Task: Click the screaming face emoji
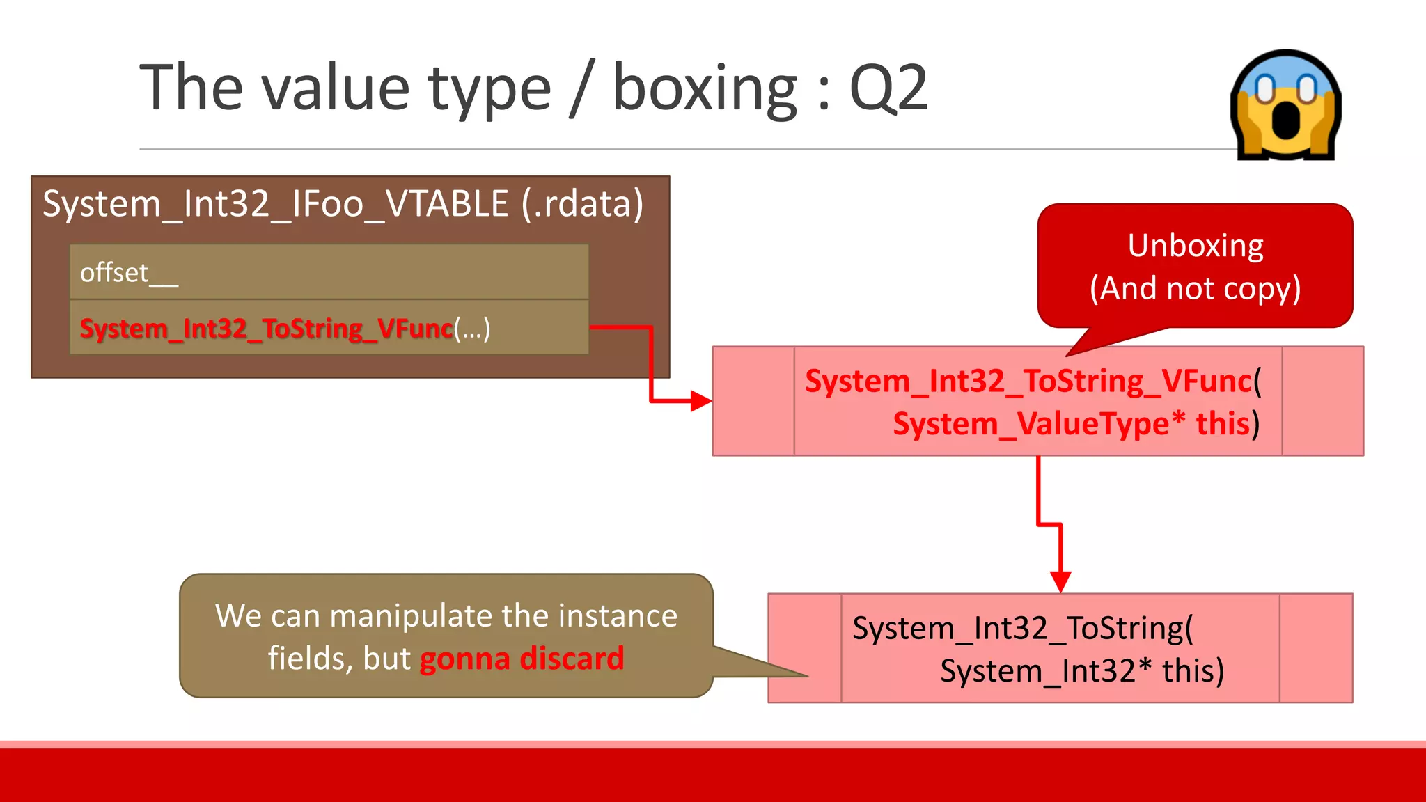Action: pyautogui.click(x=1285, y=104)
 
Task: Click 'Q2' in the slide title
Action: pyautogui.click(x=888, y=88)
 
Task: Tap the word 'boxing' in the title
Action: pyautogui.click(x=705, y=89)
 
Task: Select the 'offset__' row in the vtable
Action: pyautogui.click(x=329, y=272)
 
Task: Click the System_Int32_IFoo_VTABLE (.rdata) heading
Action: pyautogui.click(x=343, y=204)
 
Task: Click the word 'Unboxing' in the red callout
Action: pyautogui.click(x=1196, y=246)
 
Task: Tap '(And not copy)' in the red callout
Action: pyautogui.click(x=1196, y=288)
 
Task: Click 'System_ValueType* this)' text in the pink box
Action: pyautogui.click(x=1076, y=424)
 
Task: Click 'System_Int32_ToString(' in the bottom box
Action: pyautogui.click(x=1022, y=628)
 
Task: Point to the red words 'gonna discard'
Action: pyautogui.click(x=522, y=659)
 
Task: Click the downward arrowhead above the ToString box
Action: pyautogui.click(x=1060, y=581)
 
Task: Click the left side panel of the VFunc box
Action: pyautogui.click(x=753, y=401)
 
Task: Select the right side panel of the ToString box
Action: pyautogui.click(x=1315, y=648)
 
